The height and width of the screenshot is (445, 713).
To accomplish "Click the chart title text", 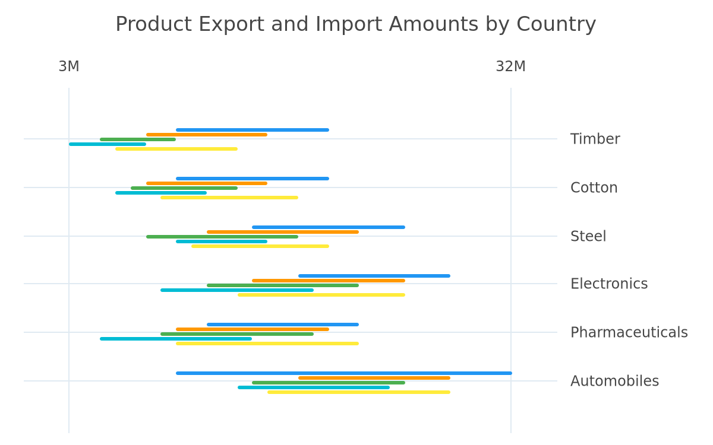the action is [x=355, y=24].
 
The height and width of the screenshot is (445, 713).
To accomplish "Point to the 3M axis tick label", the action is [x=69, y=66].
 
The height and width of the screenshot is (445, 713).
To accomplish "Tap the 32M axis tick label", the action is [x=510, y=66].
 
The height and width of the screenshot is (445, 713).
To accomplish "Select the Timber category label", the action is [x=595, y=139].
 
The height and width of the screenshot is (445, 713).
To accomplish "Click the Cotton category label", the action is [x=594, y=187].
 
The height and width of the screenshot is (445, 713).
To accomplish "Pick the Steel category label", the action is [x=588, y=236].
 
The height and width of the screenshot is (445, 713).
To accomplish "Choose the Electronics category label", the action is [x=609, y=284].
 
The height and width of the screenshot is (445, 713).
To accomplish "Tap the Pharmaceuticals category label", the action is [x=629, y=332].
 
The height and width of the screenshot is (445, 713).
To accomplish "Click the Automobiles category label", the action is [x=614, y=381].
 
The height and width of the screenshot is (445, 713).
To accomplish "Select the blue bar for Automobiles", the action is [x=344, y=373].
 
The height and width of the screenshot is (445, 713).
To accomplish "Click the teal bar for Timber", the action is [x=108, y=144].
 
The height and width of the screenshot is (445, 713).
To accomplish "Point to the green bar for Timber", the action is [x=138, y=139].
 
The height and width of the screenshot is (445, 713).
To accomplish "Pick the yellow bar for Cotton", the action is [x=229, y=198].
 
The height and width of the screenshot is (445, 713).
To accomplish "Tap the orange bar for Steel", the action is [x=283, y=232].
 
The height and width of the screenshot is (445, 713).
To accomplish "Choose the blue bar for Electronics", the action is [x=374, y=276].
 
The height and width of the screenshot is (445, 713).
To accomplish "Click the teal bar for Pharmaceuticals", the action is [x=176, y=339].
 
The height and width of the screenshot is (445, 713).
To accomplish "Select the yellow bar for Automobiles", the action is [x=359, y=392].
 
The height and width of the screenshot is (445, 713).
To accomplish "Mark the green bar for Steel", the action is [x=222, y=237].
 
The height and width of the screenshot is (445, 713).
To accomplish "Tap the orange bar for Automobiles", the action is [x=374, y=378].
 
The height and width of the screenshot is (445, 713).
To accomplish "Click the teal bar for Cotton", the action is [x=161, y=193].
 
